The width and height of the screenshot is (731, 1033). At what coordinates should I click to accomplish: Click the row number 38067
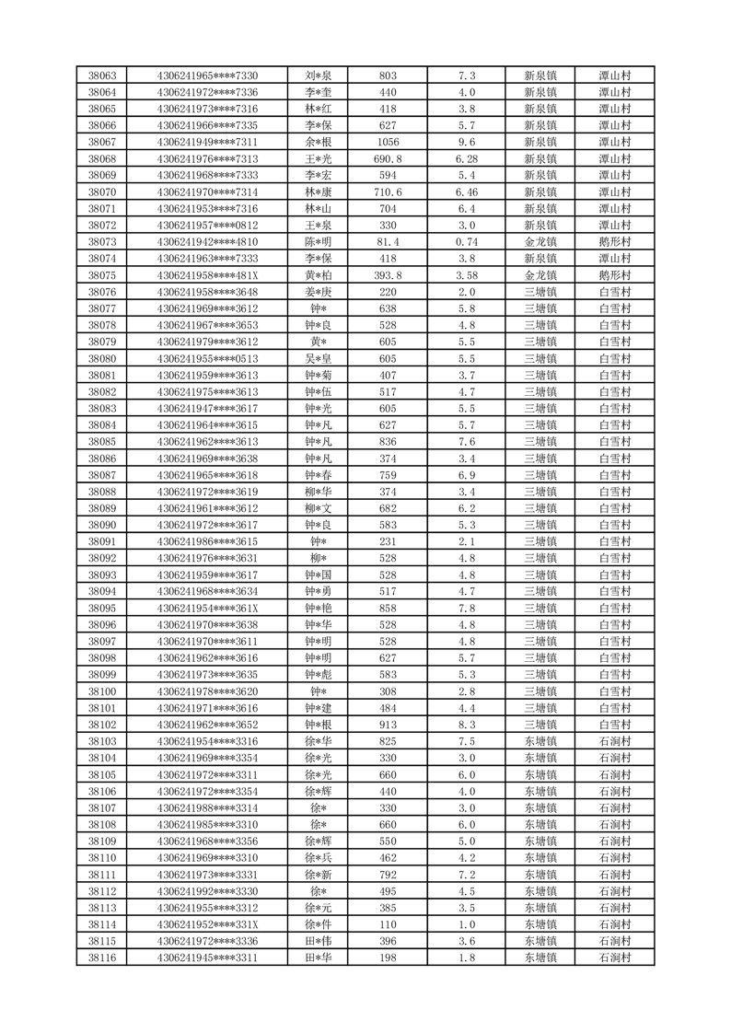101,142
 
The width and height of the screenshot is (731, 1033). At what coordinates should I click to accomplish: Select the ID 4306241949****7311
207,142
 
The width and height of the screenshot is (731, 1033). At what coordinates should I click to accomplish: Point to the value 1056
388,142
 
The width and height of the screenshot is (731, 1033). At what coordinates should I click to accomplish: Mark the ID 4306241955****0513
207,358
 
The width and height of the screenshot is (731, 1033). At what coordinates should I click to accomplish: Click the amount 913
388,725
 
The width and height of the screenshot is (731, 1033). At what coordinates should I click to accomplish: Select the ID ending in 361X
207,609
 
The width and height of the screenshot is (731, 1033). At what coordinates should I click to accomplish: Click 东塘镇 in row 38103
540,741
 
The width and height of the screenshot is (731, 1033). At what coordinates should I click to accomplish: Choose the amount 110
388,924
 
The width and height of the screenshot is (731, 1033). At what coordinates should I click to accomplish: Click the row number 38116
101,958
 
